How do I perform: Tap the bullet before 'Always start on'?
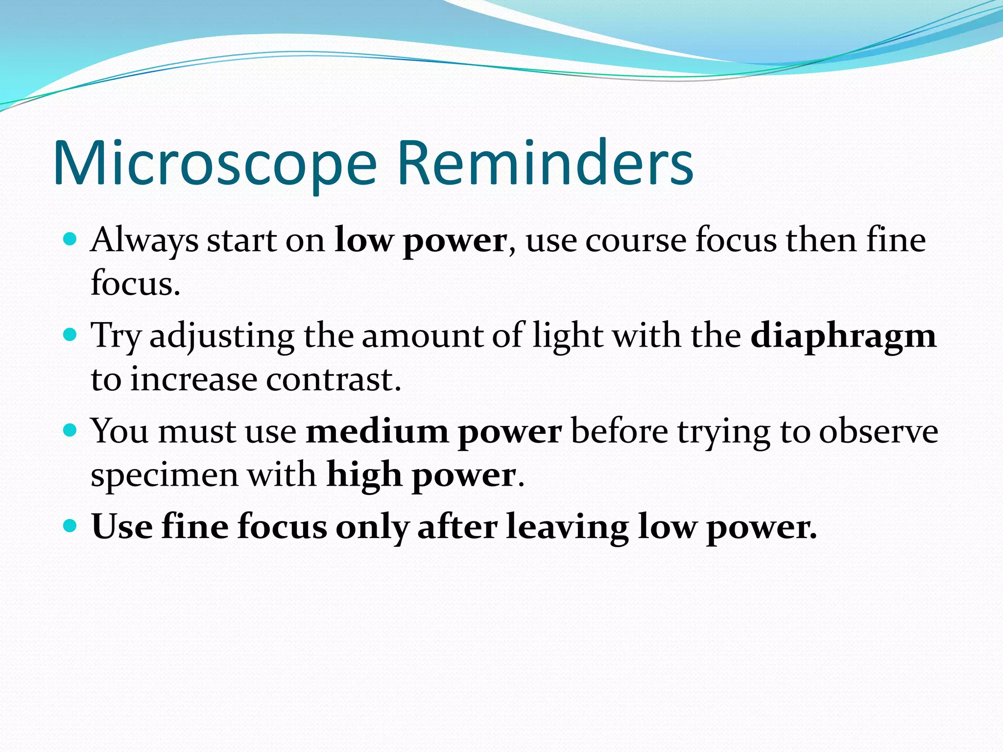click(x=71, y=239)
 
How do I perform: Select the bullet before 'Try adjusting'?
click(x=71, y=335)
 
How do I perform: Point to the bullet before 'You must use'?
click(x=71, y=431)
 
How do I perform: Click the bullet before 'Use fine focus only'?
click(x=71, y=526)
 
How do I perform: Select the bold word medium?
click(x=377, y=432)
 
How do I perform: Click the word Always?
click(x=144, y=241)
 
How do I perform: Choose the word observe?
click(x=879, y=432)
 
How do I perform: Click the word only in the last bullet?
click(x=372, y=528)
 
